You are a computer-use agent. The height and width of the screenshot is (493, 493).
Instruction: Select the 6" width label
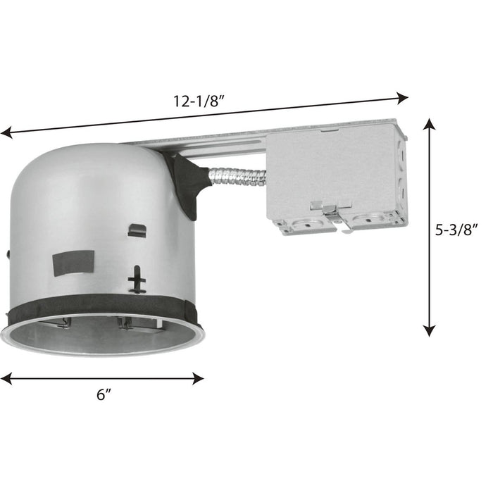[104, 395]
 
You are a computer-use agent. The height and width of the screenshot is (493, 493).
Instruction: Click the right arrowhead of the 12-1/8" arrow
[404, 97]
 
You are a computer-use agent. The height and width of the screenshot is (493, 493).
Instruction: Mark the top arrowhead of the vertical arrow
[429, 125]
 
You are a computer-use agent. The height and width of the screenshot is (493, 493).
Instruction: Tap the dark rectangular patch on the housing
[73, 261]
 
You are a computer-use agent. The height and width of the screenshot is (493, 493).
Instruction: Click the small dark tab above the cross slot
[137, 230]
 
